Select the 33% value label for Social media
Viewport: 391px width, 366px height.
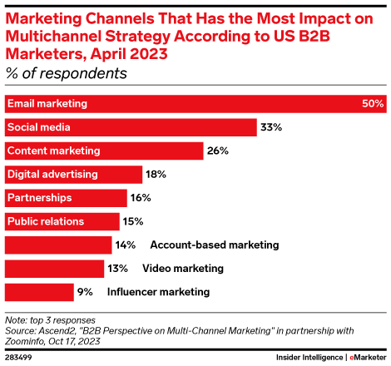271,127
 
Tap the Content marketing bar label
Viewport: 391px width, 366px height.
53,151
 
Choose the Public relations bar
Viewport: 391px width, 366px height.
62,221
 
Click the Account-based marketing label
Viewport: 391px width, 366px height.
214,245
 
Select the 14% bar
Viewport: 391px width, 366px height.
58,245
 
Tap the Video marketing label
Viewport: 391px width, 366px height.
183,269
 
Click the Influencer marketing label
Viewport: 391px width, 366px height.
158,292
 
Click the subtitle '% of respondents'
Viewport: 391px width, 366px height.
67,73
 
